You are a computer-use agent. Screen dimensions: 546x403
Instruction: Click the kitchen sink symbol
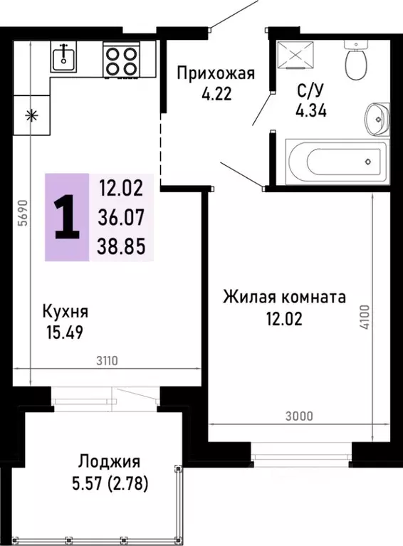[x=64, y=57]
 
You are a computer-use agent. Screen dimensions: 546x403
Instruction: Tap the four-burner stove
[x=121, y=58]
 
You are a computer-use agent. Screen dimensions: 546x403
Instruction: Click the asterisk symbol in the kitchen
[x=31, y=116]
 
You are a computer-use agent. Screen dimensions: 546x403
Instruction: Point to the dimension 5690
[x=22, y=212]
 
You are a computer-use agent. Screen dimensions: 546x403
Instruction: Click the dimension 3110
[x=108, y=361]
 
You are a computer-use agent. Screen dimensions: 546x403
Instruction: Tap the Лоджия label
[x=110, y=461]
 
